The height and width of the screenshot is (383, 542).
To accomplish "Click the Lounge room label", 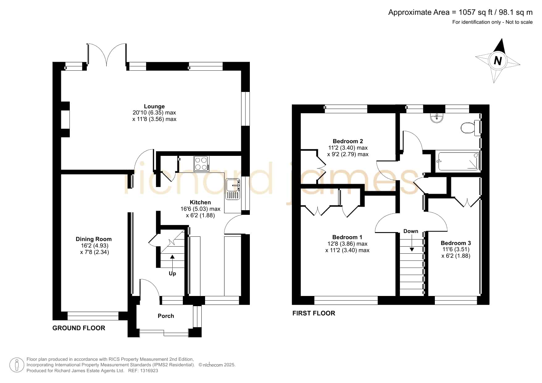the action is pyautogui.click(x=154, y=106).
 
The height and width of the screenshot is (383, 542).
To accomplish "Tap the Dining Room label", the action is pyautogui.click(x=94, y=239).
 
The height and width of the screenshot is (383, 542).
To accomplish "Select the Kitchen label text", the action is pyautogui.click(x=200, y=202).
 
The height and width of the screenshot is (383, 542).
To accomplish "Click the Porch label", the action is pyautogui.click(x=166, y=316).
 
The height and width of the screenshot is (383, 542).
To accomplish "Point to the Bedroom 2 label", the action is pyautogui.click(x=348, y=141).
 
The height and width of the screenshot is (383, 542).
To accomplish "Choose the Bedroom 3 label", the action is pyautogui.click(x=456, y=243).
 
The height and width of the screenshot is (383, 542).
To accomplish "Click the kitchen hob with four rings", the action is pyautogui.click(x=201, y=164).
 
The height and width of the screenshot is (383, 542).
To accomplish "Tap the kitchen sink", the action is pyautogui.click(x=233, y=189).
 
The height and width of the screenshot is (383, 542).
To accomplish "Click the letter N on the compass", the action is pyautogui.click(x=498, y=61).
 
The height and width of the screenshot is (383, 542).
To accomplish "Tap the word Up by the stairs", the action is pyautogui.click(x=172, y=274).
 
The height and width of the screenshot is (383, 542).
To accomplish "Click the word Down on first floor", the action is pyautogui.click(x=411, y=231).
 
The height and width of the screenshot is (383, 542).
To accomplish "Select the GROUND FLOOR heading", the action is pyautogui.click(x=79, y=328).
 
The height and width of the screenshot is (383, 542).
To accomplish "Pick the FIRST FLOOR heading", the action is pyautogui.click(x=314, y=313).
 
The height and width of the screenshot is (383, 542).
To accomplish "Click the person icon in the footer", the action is pyautogui.click(x=17, y=365).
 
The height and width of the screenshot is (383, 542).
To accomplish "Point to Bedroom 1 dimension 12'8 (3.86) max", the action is pyautogui.click(x=347, y=244).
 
